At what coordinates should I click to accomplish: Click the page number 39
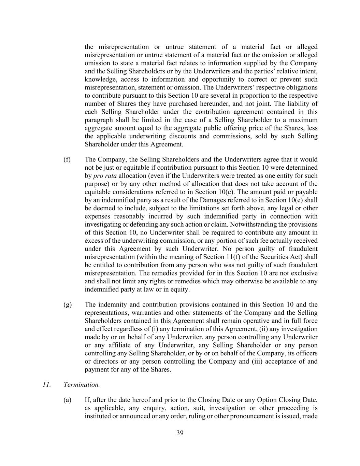[x=180, y=433]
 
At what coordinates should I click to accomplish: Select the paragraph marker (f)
[x=67, y=159]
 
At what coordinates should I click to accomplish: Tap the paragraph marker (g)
[x=67, y=305]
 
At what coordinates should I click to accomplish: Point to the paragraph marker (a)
[x=67, y=400]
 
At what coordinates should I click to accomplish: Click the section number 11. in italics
[x=47, y=385]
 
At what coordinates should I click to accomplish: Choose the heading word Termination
[x=82, y=385]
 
